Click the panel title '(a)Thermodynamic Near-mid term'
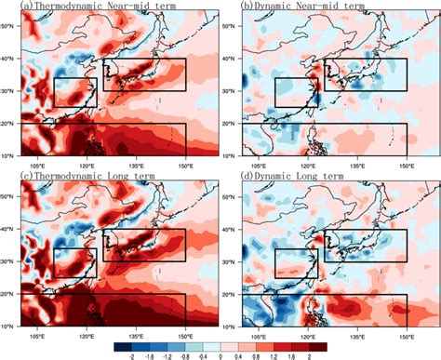[x=95, y=6]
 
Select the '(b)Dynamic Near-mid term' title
[x=297, y=6]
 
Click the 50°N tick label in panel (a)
[x=8, y=27]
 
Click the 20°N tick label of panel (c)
[x=8, y=293]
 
